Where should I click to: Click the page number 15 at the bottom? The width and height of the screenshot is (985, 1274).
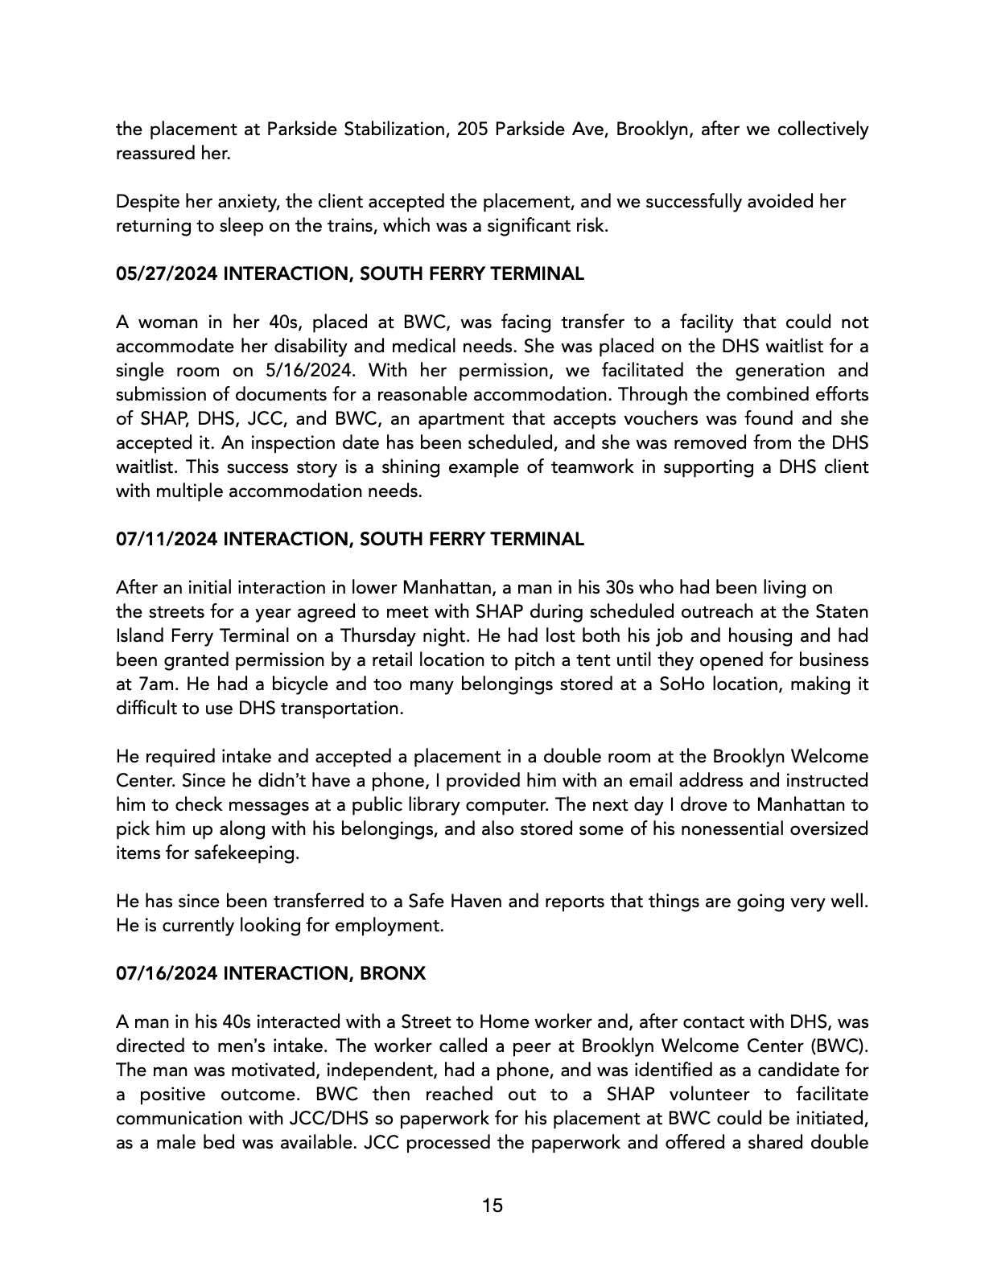coord(492,1206)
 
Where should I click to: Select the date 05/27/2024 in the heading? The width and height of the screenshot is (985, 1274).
coord(167,274)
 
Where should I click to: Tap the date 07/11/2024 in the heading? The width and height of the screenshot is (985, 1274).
coord(167,540)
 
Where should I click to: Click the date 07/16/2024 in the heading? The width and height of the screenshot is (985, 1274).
coord(167,974)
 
